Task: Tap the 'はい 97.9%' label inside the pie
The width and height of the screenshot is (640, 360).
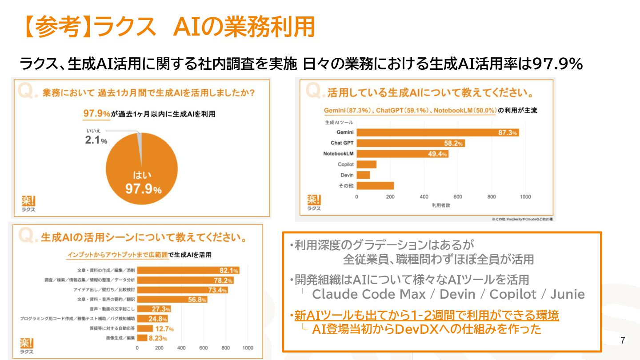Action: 143,183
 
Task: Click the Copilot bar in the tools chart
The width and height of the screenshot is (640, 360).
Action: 366,164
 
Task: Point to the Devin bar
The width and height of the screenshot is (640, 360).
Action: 363,175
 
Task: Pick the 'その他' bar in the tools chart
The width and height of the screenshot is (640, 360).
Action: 375,186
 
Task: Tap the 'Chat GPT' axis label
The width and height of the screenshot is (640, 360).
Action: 342,143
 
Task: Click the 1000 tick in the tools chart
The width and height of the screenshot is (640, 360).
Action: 525,197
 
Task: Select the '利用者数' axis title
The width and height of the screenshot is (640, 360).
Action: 440,205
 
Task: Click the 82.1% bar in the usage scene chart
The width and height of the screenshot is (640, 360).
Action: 188,270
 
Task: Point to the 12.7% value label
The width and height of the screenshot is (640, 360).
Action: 164,329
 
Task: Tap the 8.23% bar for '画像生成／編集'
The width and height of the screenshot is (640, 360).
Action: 142,338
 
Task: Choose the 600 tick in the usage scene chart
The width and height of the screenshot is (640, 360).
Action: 204,348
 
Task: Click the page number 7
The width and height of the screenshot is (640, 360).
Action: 623,341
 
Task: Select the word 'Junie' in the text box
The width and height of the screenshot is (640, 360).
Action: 568,294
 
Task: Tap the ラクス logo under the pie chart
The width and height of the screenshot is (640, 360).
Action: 28,203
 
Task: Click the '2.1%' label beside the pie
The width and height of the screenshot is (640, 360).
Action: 96,140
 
